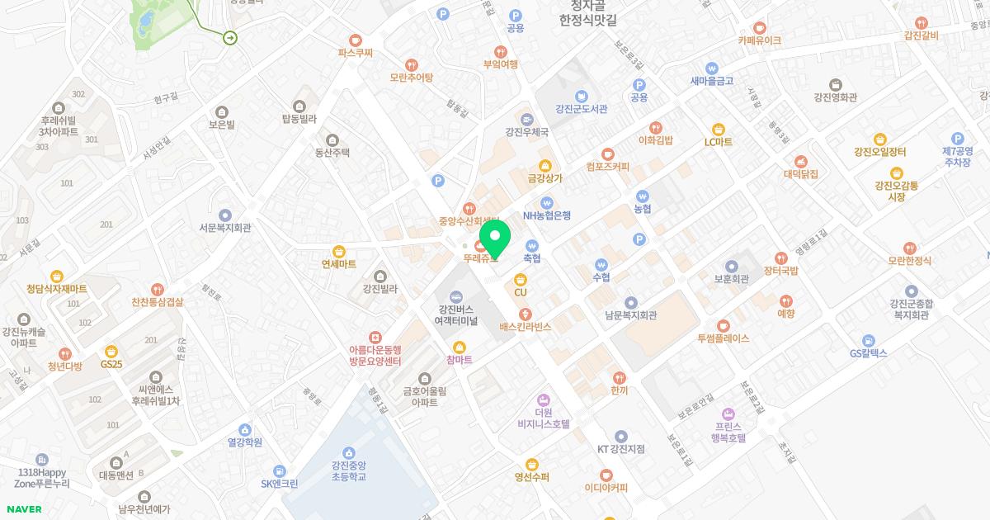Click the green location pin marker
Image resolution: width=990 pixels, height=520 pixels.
tap(494, 240)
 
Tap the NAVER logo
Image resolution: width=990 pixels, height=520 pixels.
tap(23, 509)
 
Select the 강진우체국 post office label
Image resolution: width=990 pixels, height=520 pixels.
tap(527, 131)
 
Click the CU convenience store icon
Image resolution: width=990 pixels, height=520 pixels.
tap(521, 280)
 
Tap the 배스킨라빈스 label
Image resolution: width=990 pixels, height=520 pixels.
tap(526, 327)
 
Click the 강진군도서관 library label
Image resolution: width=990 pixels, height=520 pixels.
tap(582, 109)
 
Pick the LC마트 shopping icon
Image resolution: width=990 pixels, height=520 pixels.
tap(718, 129)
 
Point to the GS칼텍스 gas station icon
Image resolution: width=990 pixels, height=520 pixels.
tap(868, 340)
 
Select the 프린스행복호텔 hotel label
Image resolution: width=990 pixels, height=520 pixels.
tap(728, 433)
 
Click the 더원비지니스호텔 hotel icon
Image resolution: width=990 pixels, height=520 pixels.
tap(543, 399)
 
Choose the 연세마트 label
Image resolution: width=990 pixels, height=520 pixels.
tap(339, 264)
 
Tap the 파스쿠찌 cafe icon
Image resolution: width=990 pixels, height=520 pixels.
tap(356, 39)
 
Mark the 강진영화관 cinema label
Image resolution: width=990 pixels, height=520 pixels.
tap(835, 97)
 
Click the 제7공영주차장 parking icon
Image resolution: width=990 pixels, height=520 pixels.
tap(957, 139)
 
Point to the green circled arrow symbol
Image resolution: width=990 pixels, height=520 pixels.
tap(230, 36)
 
